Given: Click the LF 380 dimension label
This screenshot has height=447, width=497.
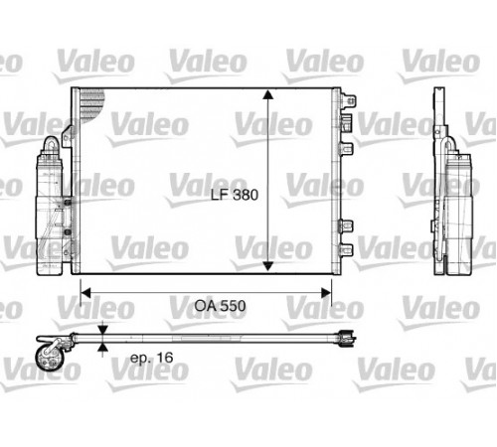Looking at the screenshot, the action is click(x=235, y=195).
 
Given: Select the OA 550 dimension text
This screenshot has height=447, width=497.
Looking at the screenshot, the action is click(x=220, y=306).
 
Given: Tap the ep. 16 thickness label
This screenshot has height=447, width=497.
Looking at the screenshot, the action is click(x=152, y=358).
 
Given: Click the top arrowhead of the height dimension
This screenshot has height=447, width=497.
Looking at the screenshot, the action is click(x=267, y=94).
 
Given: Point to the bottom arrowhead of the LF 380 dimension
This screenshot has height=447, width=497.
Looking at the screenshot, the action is click(x=267, y=266).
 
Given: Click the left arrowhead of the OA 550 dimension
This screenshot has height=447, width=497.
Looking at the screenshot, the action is click(x=85, y=293).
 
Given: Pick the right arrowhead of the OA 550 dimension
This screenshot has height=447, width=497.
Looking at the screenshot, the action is click(x=326, y=293).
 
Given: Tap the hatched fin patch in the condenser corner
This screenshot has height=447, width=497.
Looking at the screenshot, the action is click(x=91, y=104).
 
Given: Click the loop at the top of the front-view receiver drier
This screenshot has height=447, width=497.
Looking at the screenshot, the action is click(x=52, y=145).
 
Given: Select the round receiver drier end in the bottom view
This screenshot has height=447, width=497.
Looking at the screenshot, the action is click(x=49, y=359).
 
